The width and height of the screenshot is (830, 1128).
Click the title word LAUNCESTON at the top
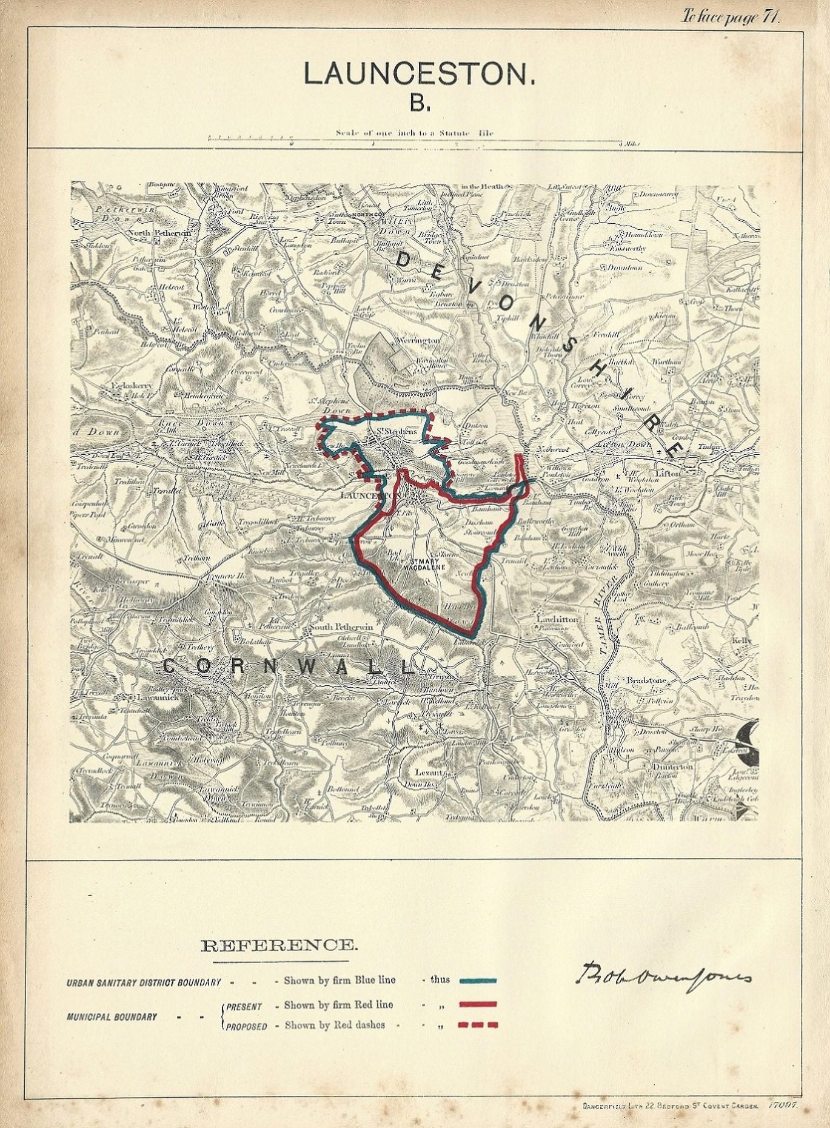coord(419,74)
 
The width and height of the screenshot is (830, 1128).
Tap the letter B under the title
coord(419,103)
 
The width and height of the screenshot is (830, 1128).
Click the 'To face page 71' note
coord(731,16)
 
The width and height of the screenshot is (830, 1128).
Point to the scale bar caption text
coord(419,133)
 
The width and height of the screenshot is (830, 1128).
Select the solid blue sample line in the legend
coord(478,980)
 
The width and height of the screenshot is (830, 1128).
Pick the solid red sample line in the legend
coord(478,1004)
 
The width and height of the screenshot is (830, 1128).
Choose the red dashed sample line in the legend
coord(478,1026)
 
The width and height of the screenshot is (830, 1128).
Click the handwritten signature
coord(662,976)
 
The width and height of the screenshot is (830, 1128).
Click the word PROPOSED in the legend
coord(246,1027)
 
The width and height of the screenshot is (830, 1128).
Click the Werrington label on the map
coord(418,340)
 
